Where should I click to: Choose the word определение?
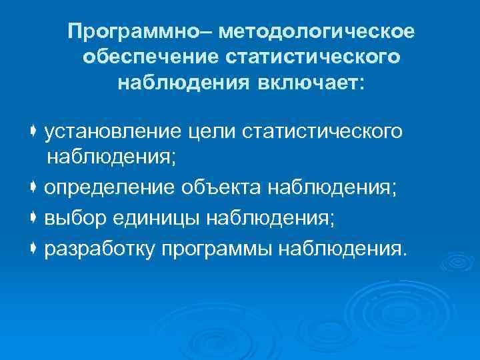110,188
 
